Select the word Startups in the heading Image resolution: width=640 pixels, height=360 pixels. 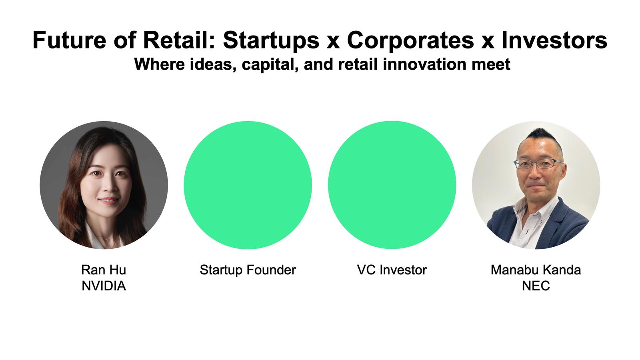click(271, 41)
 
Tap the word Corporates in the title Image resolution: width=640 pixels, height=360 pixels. click(410, 41)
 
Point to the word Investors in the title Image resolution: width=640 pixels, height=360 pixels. click(554, 40)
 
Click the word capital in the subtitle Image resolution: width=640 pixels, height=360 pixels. click(270, 64)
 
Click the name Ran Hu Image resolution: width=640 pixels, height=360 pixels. click(104, 270)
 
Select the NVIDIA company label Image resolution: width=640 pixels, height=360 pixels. click(104, 286)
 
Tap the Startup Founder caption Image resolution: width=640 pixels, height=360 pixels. click(248, 270)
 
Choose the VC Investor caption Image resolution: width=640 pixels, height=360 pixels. click(392, 270)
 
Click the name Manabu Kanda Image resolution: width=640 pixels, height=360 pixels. click(536, 270)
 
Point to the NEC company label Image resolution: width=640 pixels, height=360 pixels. click(536, 286)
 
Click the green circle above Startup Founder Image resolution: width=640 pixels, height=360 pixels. click(248, 185)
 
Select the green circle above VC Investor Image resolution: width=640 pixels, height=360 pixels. click(392, 185)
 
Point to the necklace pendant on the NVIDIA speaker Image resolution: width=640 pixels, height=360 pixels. click(107, 240)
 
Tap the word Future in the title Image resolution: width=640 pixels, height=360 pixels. click(69, 40)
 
